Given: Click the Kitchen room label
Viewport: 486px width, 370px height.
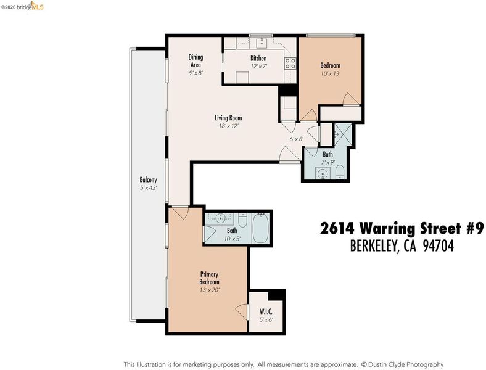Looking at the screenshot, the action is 258,58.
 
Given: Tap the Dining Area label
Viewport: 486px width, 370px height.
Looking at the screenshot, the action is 196,60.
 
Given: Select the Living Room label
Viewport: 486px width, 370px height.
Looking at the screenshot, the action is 228,118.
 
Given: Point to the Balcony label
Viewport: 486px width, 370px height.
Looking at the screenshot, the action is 148,179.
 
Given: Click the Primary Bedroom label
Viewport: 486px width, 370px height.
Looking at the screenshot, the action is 209,278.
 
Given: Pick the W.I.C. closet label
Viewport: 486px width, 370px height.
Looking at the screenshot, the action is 266,311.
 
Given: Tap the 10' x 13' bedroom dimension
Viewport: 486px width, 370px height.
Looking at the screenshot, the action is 331,74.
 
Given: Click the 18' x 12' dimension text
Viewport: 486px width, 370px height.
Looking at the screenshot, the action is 228,126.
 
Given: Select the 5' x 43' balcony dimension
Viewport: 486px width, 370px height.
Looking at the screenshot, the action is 149,188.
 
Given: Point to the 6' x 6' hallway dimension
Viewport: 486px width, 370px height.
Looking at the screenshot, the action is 296,139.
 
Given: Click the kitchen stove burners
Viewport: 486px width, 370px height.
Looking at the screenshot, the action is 290,64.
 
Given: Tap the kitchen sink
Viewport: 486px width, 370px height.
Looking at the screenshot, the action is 262,43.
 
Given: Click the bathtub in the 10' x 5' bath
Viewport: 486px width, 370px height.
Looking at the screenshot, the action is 261,228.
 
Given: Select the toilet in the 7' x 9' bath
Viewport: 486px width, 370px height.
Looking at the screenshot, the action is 340,172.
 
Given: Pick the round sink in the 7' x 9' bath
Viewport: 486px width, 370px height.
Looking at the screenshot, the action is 323,173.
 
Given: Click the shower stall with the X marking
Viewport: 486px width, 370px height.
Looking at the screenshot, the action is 343,134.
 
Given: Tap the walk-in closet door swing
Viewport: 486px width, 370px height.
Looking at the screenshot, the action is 242,312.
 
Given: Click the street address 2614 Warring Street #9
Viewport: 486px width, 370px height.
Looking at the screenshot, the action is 402,229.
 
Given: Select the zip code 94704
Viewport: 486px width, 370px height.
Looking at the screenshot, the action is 439,246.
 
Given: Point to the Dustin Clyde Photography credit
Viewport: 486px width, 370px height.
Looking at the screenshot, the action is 405,364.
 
